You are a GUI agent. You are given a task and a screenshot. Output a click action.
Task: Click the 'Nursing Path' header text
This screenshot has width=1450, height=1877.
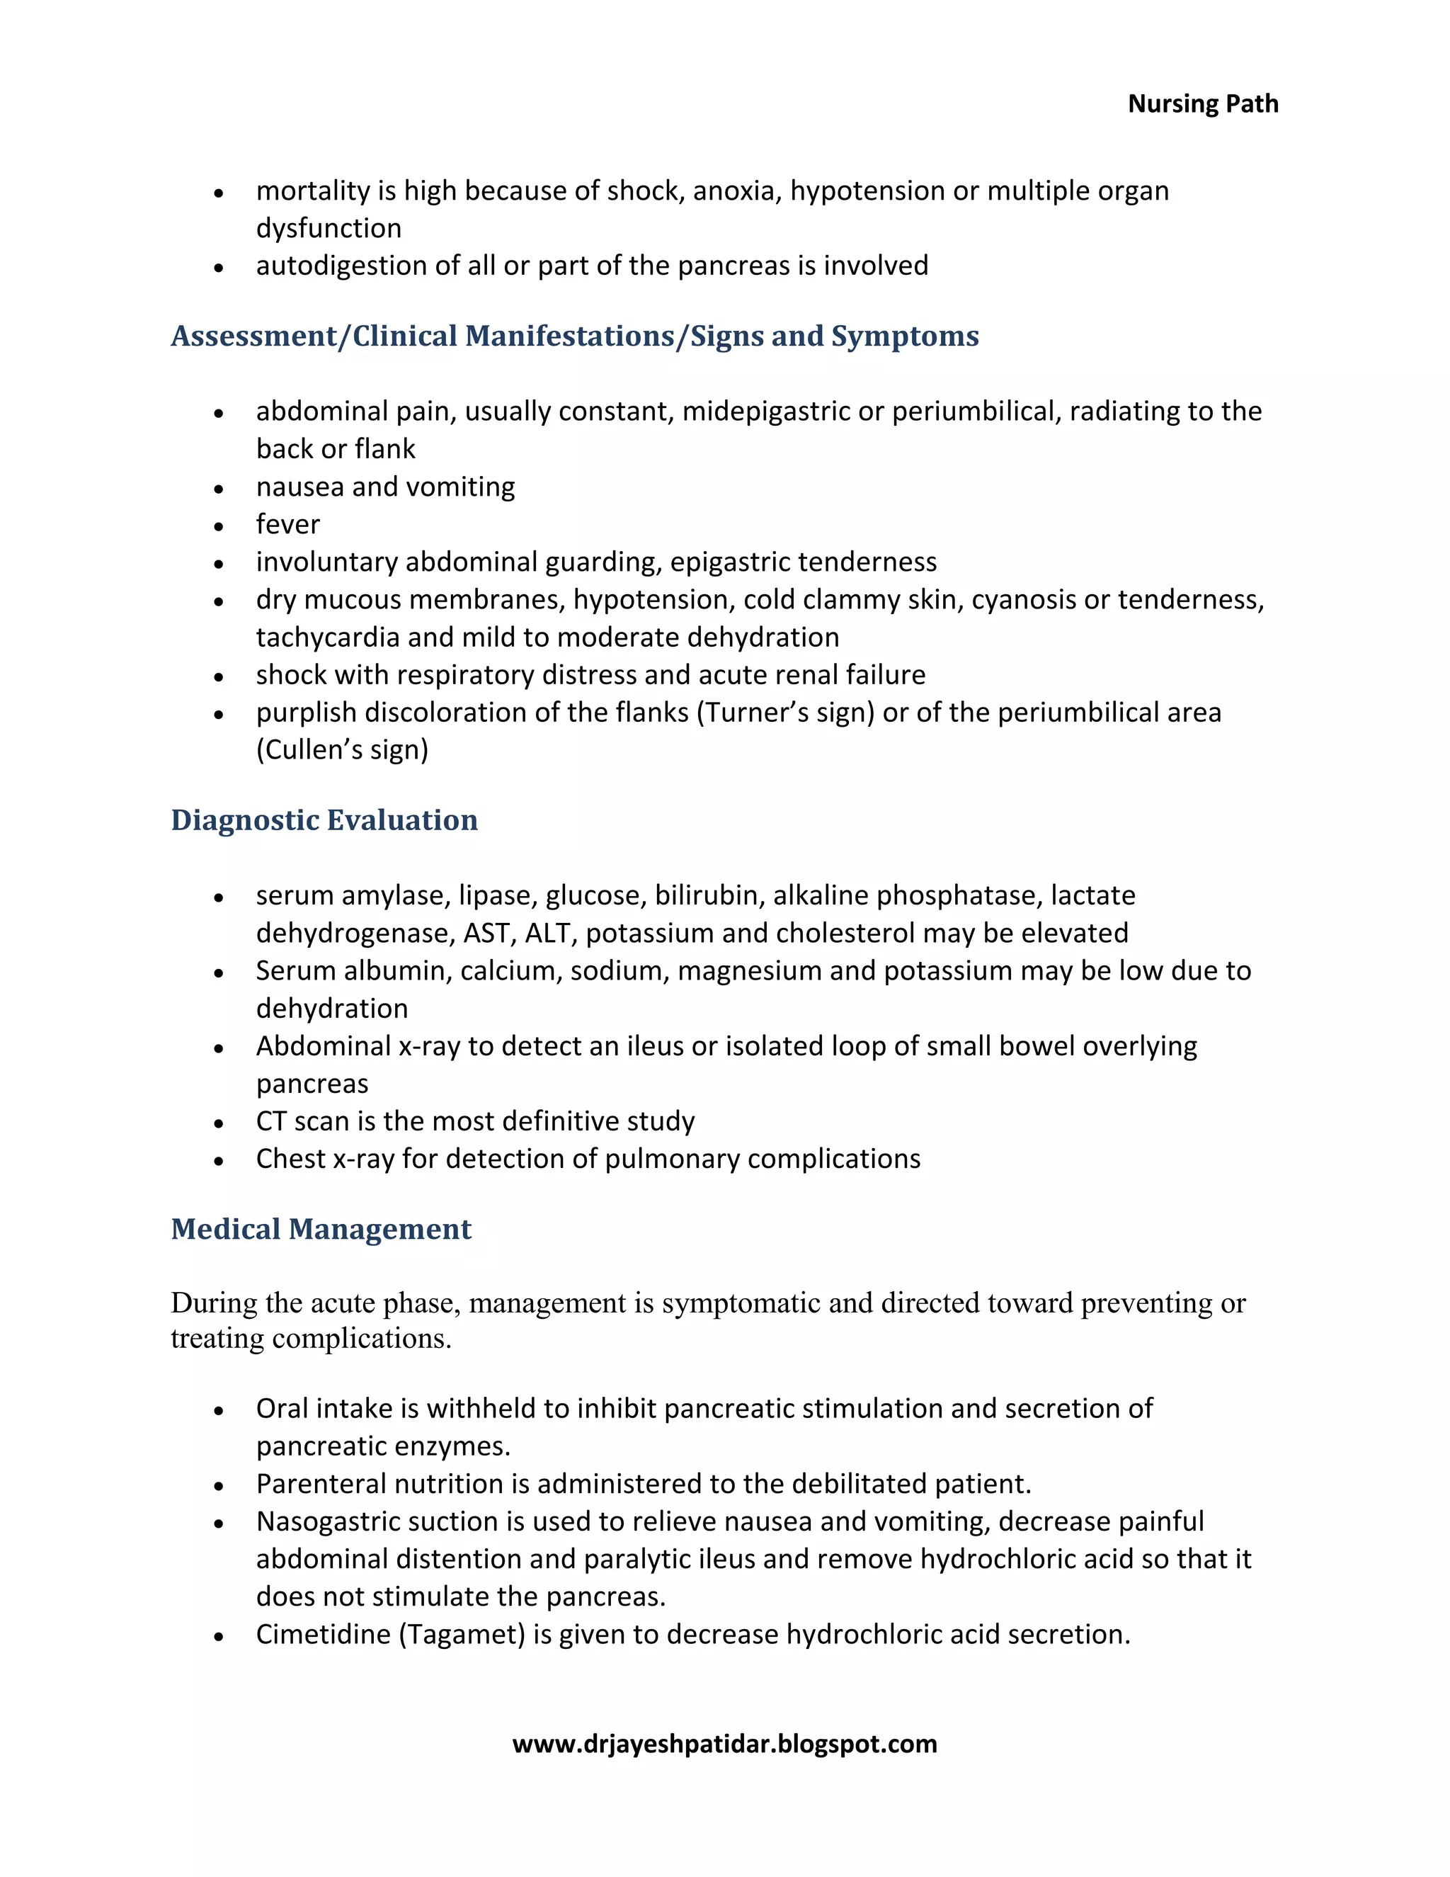(1203, 104)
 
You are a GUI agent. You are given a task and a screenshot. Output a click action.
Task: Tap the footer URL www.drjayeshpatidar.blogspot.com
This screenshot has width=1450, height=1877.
(724, 1744)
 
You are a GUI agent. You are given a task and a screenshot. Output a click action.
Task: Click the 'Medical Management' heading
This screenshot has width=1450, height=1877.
(321, 1229)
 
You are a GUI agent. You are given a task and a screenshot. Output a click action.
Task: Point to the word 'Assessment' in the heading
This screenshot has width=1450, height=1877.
(254, 336)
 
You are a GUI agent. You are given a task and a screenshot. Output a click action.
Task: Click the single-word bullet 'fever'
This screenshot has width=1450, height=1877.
(287, 524)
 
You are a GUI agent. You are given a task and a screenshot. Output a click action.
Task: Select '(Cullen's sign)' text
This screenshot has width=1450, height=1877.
(342, 750)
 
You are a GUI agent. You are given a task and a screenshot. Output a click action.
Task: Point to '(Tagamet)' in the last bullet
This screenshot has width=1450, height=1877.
(462, 1634)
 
